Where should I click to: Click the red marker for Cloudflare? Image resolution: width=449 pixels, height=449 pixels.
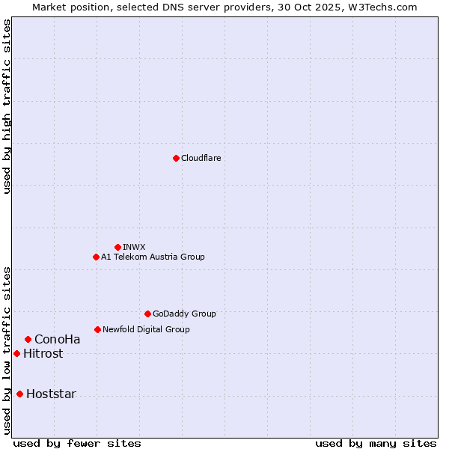176,158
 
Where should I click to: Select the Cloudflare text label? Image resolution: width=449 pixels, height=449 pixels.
201,158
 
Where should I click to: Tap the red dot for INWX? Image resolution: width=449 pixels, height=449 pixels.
117,247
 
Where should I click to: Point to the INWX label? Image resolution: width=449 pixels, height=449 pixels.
134,247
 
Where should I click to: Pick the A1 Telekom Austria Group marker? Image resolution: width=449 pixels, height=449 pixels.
96,257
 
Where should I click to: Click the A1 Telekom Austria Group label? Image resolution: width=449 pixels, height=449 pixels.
153,257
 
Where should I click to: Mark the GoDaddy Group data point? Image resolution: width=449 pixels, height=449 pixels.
147,314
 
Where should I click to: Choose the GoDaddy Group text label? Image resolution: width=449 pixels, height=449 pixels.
183,314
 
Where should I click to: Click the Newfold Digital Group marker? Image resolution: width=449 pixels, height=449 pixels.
97,329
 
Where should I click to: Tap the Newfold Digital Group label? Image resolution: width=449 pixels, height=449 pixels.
146,329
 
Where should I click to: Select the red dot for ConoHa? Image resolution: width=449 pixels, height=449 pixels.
28,339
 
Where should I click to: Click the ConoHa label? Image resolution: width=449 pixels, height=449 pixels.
57,339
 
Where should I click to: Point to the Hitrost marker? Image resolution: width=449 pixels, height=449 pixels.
16,353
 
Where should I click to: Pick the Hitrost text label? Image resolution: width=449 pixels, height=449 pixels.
43,353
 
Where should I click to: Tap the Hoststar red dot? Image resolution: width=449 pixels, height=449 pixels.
19,394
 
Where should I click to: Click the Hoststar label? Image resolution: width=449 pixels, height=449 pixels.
51,394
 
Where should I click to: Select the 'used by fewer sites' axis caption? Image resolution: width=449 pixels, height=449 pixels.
77,443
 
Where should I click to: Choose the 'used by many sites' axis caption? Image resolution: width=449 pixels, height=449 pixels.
376,443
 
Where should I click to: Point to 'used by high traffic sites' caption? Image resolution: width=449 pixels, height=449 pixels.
7,106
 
